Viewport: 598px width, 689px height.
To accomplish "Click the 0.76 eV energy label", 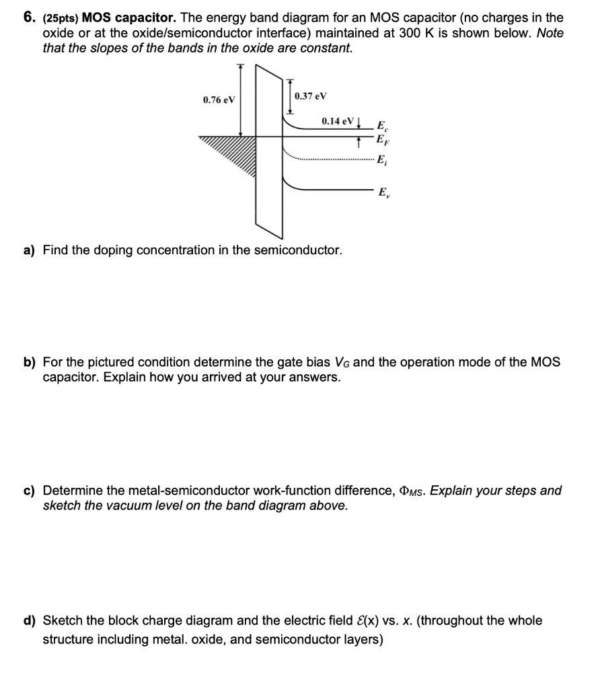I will (219, 100).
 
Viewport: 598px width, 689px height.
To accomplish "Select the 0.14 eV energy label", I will (337, 121).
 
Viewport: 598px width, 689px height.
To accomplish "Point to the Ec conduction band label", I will (382, 126).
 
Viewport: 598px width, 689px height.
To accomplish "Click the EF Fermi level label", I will (382, 141).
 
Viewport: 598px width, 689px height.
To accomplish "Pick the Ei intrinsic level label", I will (381, 160).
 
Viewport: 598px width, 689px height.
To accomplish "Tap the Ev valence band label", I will (382, 192).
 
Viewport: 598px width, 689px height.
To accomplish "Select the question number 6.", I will (29, 17).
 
